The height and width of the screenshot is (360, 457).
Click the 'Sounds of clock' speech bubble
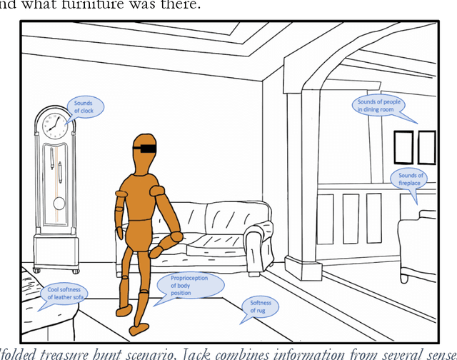pos(85,108)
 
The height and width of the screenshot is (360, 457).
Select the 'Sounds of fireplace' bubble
pos(411,179)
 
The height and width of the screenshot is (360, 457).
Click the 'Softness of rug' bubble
pos(260,307)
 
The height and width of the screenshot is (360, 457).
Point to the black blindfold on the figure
pos(146,149)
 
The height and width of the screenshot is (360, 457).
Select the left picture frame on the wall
pos(404,146)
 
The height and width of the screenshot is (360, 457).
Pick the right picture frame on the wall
pos(427,146)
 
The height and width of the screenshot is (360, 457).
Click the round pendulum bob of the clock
pos(59,204)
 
